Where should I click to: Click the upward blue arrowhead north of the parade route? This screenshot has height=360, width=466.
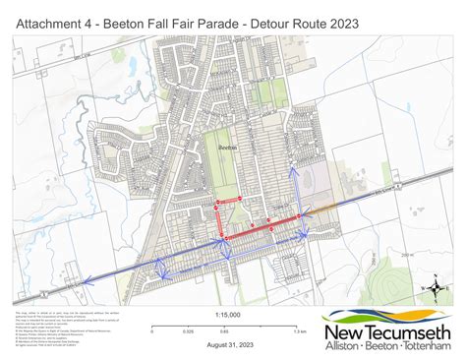(x=292, y=172)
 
